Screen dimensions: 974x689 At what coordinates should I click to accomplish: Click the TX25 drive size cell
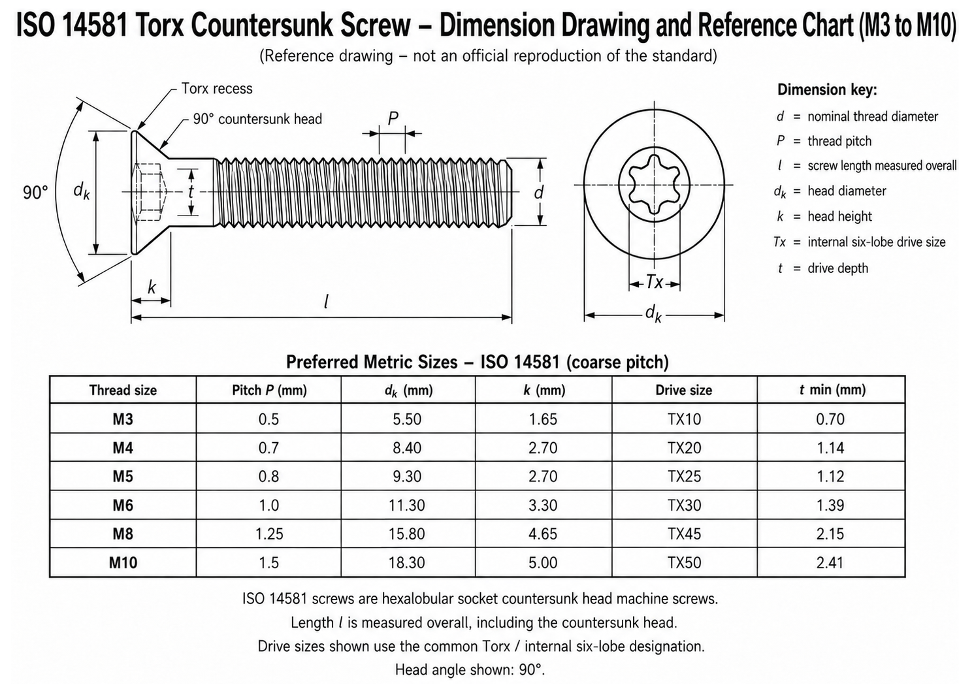[x=684, y=477]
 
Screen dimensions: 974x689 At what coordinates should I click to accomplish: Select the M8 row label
[x=123, y=534]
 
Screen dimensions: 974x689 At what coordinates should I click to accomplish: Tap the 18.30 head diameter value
[x=406, y=562]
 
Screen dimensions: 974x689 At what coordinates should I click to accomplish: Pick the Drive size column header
[x=683, y=390]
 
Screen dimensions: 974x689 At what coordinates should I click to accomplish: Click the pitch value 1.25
[x=268, y=534]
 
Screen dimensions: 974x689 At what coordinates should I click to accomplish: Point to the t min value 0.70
[x=830, y=419]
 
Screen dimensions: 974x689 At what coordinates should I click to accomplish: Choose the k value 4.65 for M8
[x=543, y=534]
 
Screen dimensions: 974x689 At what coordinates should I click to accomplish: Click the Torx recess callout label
[x=216, y=89]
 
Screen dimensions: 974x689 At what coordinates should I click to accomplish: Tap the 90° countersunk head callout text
[x=257, y=119]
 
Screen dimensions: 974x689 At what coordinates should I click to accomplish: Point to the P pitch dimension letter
[x=393, y=118]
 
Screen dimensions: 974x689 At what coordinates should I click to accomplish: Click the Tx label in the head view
[x=655, y=282]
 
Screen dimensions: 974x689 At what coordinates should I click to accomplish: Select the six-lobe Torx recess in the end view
[x=654, y=184]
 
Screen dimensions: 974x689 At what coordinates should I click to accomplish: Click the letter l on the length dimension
[x=326, y=302]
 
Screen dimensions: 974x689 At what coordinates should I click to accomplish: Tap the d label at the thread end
[x=538, y=192]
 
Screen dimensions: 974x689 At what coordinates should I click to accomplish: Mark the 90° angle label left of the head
[x=36, y=193]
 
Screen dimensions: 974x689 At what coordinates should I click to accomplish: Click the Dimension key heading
[x=827, y=90]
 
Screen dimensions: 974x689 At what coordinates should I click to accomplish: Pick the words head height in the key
[x=839, y=216]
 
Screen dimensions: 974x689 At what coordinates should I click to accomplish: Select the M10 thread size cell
[x=123, y=562]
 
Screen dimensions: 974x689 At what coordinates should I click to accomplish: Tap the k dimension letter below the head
[x=152, y=287]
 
